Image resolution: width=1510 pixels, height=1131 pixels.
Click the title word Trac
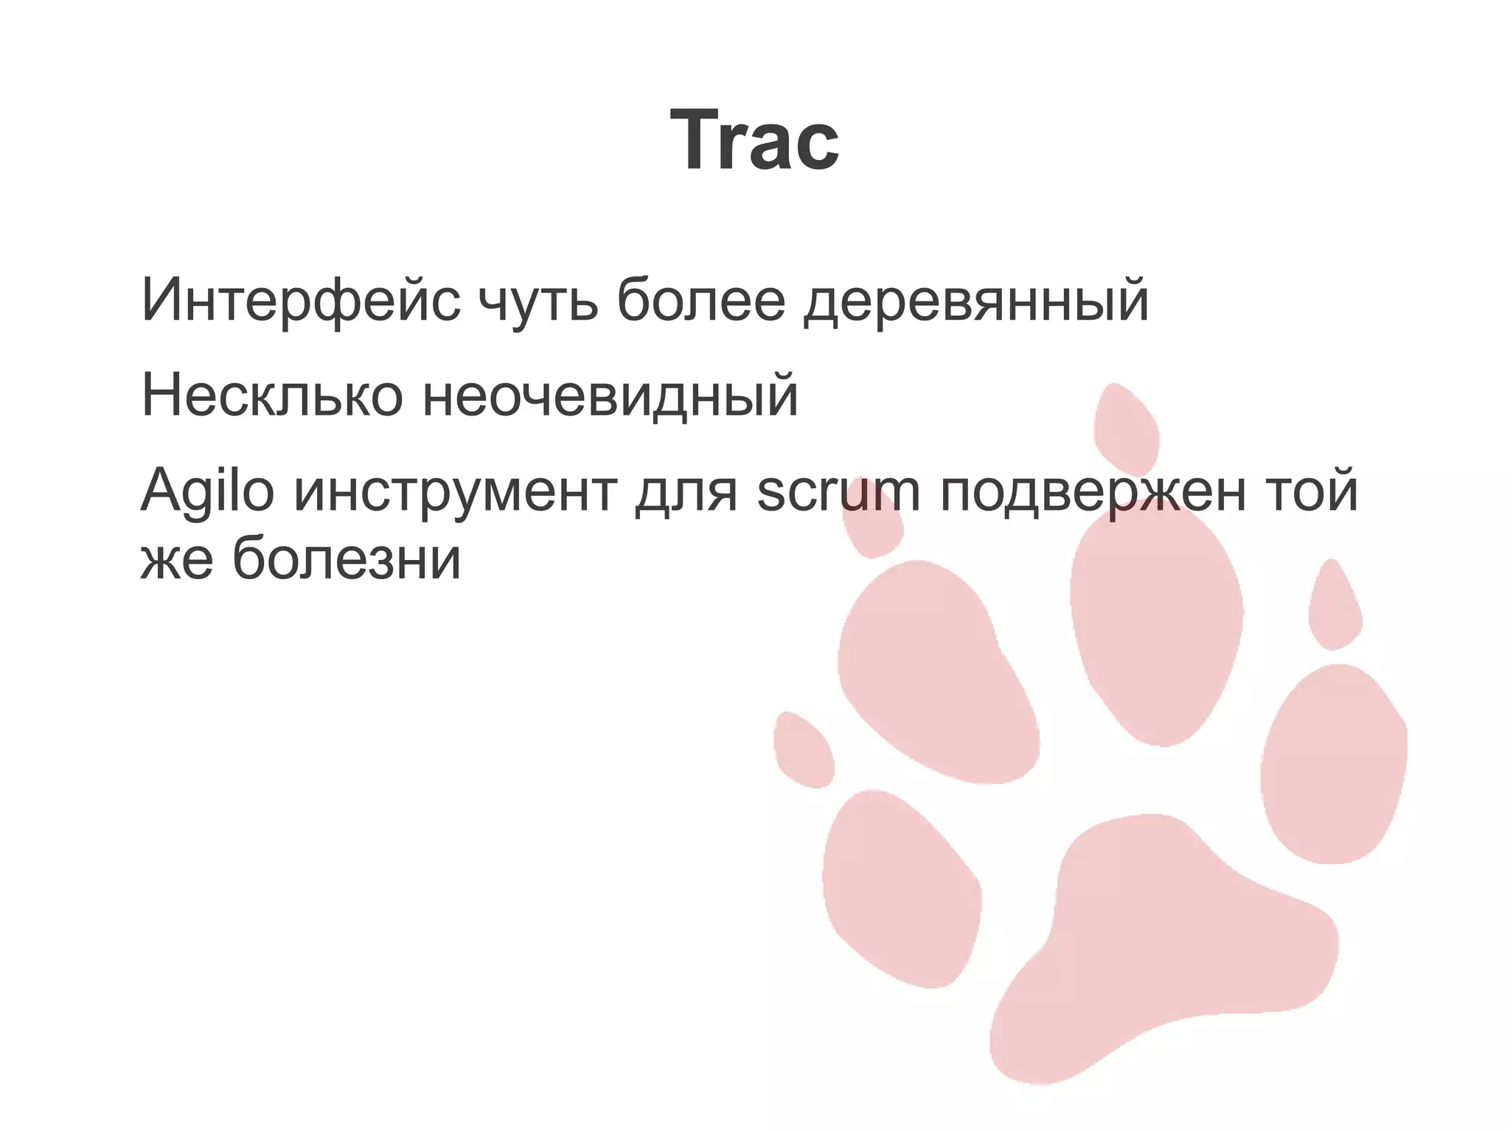[754, 140]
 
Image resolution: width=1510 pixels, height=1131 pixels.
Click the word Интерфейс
[300, 301]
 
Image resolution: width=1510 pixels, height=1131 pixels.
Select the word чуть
[537, 301]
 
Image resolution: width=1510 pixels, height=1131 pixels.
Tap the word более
[700, 301]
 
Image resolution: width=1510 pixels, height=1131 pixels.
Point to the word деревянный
[976, 301]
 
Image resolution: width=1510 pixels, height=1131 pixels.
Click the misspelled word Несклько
[271, 396]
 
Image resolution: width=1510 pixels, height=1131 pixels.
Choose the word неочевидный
[610, 396]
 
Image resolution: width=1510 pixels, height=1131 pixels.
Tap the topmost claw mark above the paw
[1126, 427]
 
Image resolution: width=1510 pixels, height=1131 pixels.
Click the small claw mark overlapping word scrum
[874, 527]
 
